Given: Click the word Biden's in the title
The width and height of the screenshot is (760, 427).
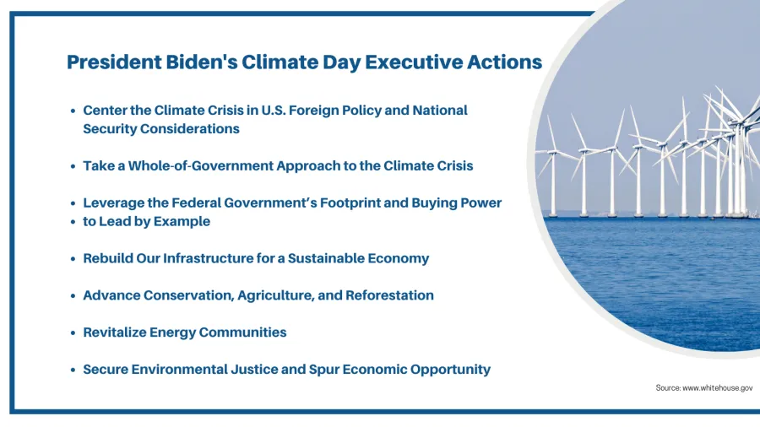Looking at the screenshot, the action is click(201, 62).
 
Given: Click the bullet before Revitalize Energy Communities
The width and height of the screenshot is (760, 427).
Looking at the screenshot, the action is click(73, 333).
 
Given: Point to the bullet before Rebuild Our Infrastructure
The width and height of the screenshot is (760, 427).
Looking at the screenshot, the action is click(73, 259).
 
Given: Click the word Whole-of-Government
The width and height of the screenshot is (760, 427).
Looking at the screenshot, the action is click(201, 166).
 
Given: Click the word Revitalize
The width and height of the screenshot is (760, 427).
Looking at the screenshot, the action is click(114, 332).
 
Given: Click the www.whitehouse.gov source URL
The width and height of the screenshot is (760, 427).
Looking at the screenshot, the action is click(717, 388).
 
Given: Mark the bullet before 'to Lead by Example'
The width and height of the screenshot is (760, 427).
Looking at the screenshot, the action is click(73, 222).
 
